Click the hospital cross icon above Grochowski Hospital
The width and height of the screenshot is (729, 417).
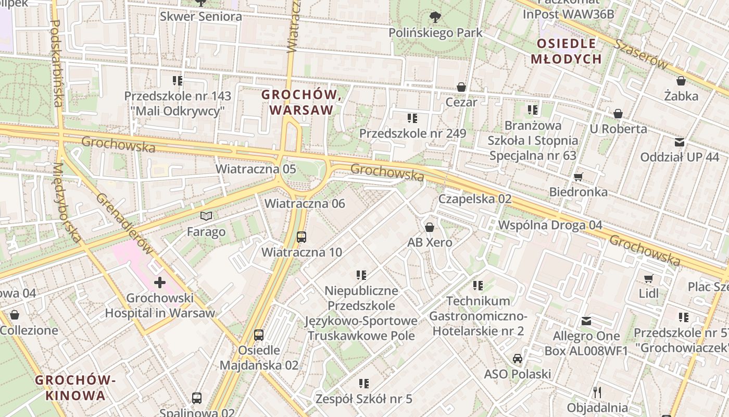click(x=159, y=283)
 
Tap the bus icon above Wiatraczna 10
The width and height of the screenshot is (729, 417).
click(x=301, y=237)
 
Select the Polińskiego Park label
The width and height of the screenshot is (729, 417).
click(x=435, y=33)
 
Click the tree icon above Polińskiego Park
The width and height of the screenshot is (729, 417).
click(x=435, y=17)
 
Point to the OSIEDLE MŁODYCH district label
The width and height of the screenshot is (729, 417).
click(x=566, y=51)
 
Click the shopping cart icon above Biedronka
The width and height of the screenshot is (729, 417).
click(x=578, y=177)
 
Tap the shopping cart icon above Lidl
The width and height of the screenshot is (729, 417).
click(x=648, y=278)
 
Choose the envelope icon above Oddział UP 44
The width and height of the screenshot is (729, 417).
click(x=679, y=142)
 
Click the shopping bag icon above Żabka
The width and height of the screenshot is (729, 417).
click(x=681, y=81)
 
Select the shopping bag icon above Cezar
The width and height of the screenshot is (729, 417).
click(x=461, y=87)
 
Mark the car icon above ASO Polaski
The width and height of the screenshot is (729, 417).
click(x=517, y=359)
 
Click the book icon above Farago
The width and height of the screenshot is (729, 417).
click(x=206, y=216)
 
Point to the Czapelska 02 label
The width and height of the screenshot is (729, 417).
click(x=474, y=199)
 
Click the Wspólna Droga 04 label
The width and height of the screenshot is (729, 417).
click(x=550, y=225)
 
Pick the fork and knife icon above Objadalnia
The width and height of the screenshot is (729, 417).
click(x=597, y=392)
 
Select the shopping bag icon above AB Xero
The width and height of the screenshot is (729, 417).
click(x=430, y=227)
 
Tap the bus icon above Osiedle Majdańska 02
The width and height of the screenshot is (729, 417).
click(x=259, y=335)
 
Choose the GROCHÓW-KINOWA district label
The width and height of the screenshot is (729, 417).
click(x=75, y=387)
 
